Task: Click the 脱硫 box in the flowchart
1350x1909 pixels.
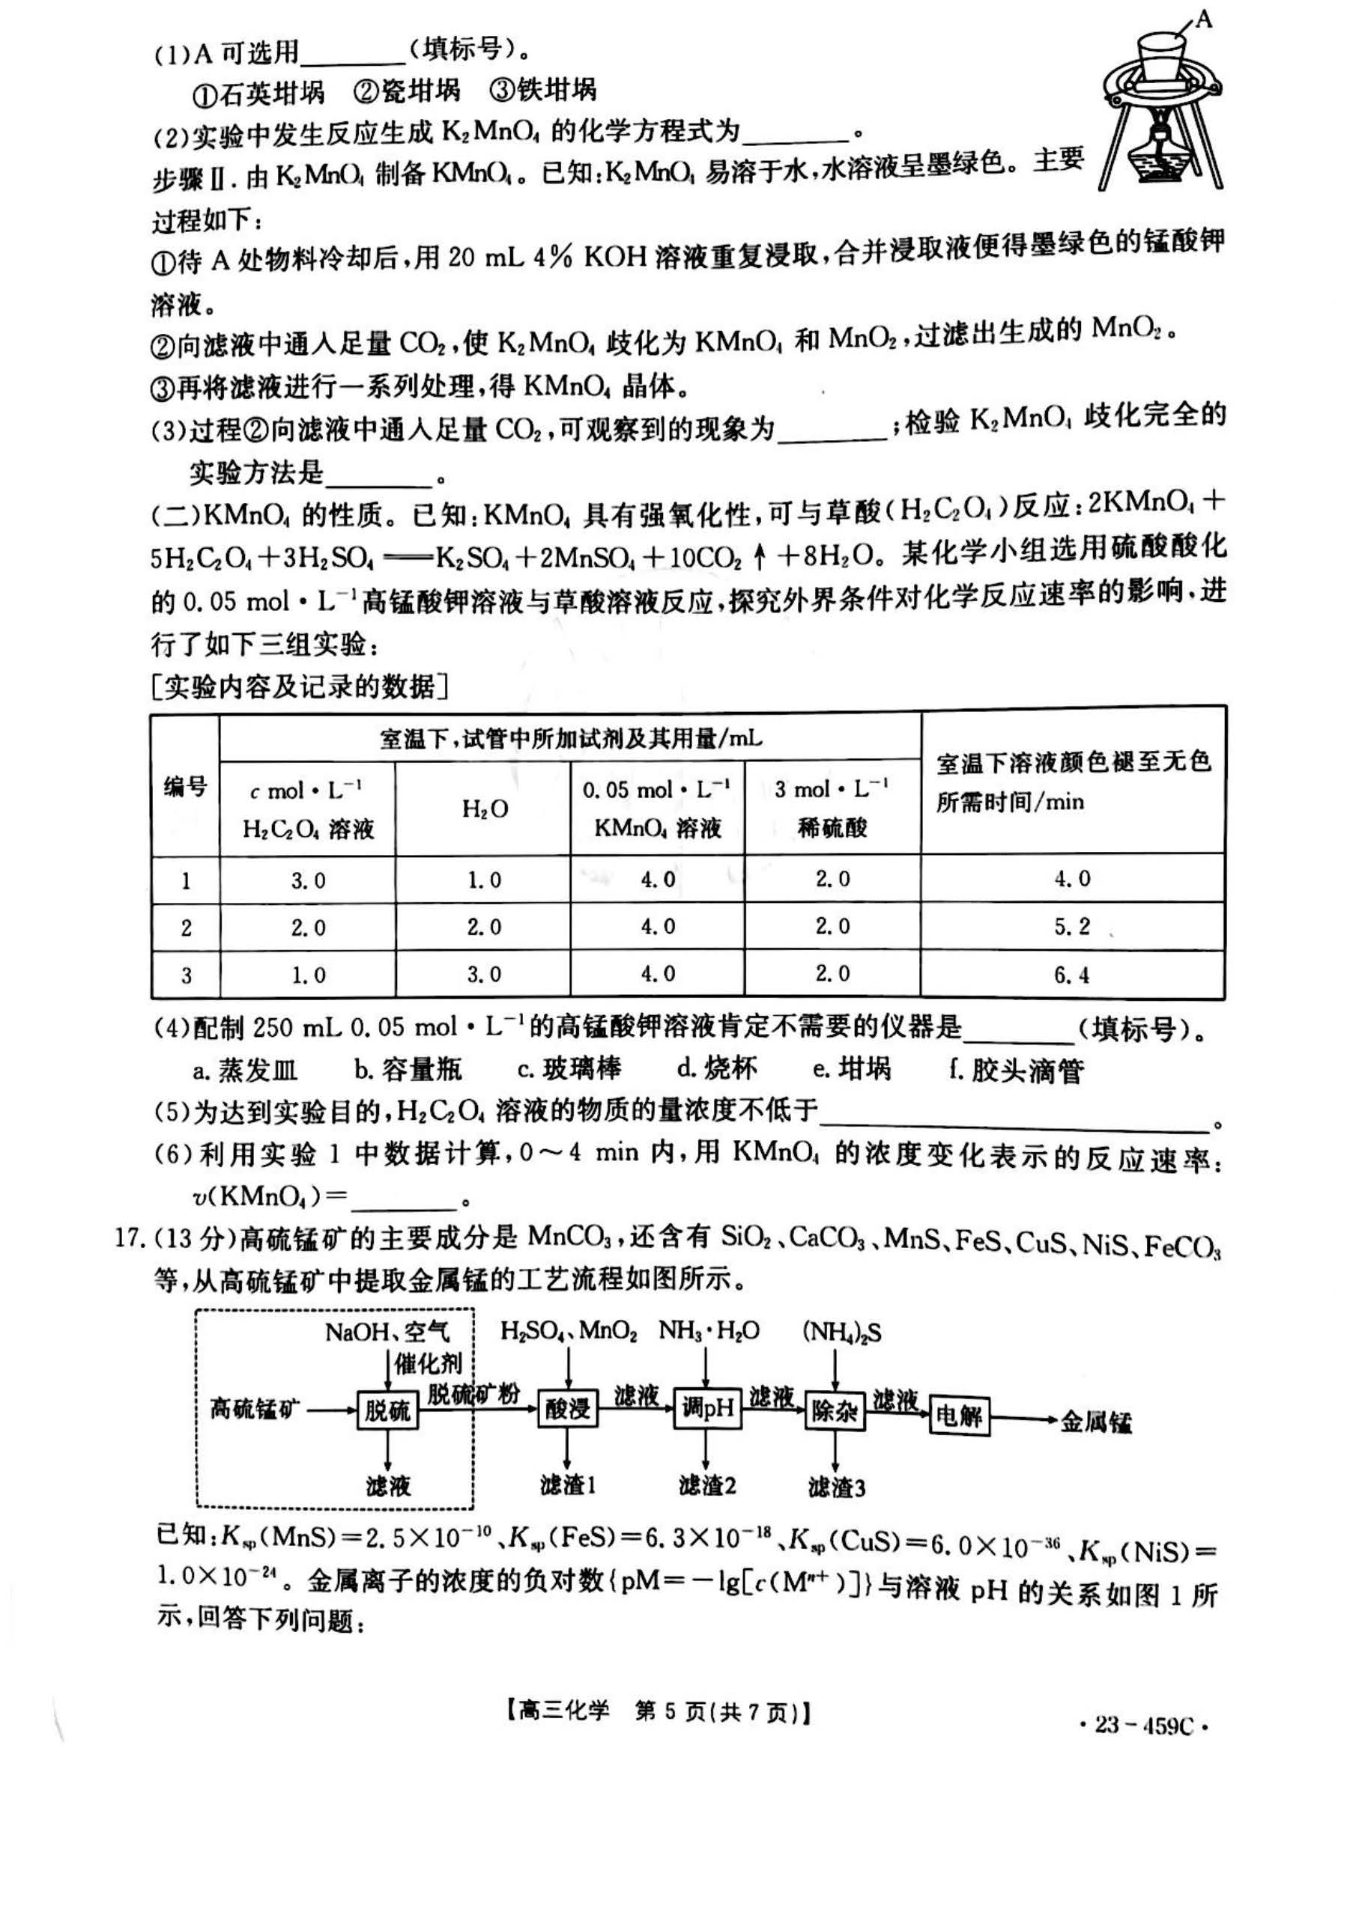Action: pyautogui.click(x=387, y=1410)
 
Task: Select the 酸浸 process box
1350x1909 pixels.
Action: pyautogui.click(x=567, y=1408)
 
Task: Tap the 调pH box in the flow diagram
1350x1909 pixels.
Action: pyautogui.click(x=706, y=1408)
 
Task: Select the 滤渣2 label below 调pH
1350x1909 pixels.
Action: pyautogui.click(x=707, y=1485)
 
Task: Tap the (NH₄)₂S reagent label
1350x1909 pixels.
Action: pyautogui.click(x=842, y=1331)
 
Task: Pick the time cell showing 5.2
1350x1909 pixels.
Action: pyautogui.click(x=1072, y=926)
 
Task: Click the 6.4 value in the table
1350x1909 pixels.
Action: pyautogui.click(x=1072, y=975)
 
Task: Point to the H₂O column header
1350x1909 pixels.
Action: pyautogui.click(x=484, y=809)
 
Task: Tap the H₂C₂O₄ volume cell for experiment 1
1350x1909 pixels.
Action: pyautogui.click(x=308, y=880)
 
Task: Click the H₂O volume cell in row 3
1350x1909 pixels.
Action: pyautogui.click(x=484, y=975)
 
